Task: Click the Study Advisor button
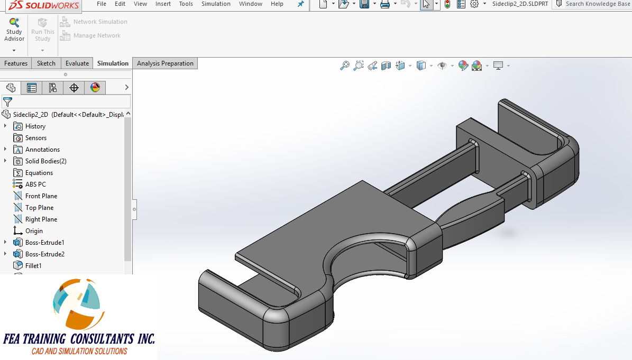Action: click(x=14, y=30)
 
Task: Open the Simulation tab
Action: click(x=113, y=63)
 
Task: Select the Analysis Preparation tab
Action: click(x=165, y=63)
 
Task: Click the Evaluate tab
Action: click(x=77, y=63)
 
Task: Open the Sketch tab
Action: click(x=46, y=63)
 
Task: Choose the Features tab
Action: click(x=16, y=63)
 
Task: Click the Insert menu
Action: click(x=163, y=4)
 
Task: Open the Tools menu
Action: click(x=186, y=4)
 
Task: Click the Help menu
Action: click(x=277, y=4)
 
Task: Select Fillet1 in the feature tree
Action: click(x=33, y=266)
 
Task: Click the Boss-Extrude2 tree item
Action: click(x=44, y=254)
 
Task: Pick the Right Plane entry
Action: click(x=41, y=219)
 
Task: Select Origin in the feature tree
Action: click(x=34, y=231)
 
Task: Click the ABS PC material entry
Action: click(x=35, y=184)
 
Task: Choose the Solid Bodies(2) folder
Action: click(x=45, y=161)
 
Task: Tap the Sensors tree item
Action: click(x=35, y=138)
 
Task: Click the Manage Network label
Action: click(x=97, y=36)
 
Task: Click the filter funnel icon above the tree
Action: click(x=8, y=101)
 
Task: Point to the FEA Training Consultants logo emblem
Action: click(x=77, y=304)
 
